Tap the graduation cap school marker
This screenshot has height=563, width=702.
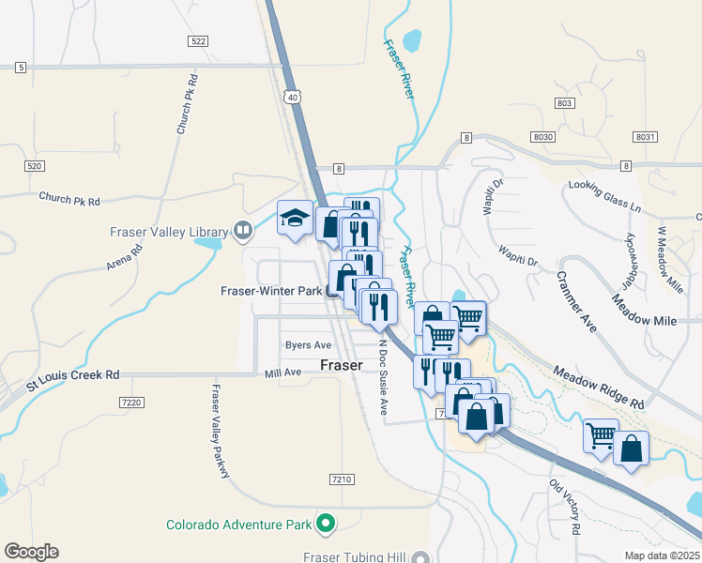click(x=295, y=219)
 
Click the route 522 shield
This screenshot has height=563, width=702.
click(x=197, y=41)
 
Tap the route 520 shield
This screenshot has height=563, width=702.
click(x=34, y=166)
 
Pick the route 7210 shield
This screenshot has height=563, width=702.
click(x=342, y=479)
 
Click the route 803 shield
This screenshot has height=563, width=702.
click(x=564, y=103)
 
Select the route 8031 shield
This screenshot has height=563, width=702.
click(x=644, y=137)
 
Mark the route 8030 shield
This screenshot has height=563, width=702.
click(x=543, y=137)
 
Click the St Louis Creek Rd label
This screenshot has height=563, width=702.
click(x=73, y=375)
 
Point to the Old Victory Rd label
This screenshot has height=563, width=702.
click(x=563, y=508)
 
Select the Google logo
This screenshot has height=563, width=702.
click(x=31, y=551)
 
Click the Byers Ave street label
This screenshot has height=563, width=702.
click(x=309, y=345)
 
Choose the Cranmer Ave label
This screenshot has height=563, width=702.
click(x=576, y=301)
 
